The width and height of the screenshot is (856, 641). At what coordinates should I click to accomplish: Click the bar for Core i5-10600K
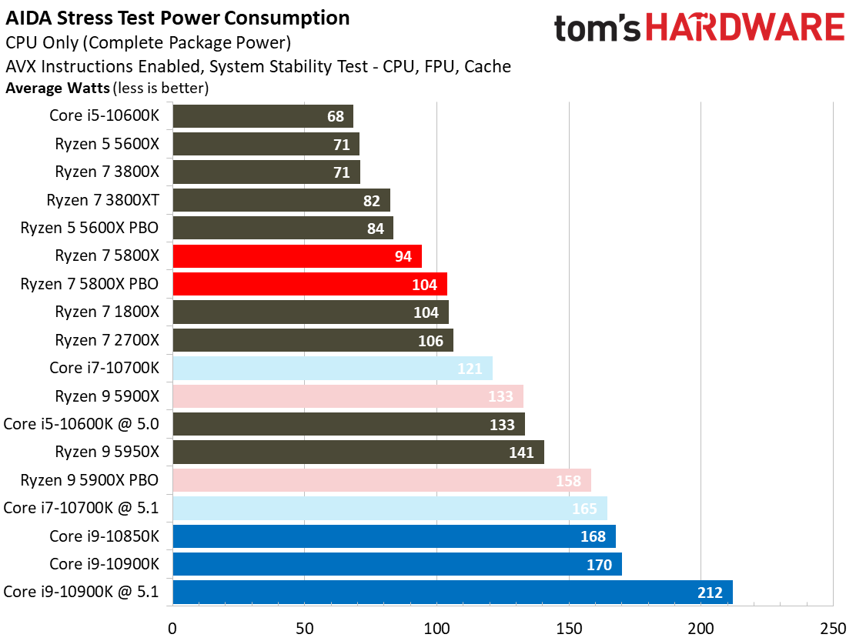tap(262, 116)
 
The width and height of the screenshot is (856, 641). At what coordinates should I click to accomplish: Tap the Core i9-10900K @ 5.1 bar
tap(452, 592)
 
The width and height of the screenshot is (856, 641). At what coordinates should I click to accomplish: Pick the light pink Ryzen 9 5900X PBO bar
tap(381, 480)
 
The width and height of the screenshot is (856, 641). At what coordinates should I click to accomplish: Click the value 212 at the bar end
tap(710, 593)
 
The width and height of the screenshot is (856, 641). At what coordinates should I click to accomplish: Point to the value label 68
tap(335, 117)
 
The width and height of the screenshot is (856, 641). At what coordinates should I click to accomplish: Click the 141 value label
tap(521, 452)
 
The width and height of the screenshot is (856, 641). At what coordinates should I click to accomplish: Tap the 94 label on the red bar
tap(403, 256)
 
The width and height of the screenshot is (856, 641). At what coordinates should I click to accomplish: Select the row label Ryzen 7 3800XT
tap(102, 200)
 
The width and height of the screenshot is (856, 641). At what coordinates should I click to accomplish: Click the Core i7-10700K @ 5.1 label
tap(81, 508)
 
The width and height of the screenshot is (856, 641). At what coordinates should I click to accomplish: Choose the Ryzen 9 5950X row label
tap(107, 452)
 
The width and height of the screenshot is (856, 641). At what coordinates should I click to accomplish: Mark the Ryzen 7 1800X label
tap(107, 312)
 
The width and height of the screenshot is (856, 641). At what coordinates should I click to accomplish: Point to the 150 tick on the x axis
tap(569, 627)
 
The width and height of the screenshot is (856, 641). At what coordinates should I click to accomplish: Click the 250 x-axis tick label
tap(833, 627)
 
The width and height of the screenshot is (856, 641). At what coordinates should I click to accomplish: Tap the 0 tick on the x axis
tap(172, 627)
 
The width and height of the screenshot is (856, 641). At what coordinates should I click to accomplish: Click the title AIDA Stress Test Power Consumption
tap(178, 18)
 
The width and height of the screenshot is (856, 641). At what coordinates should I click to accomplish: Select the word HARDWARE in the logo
tap(744, 29)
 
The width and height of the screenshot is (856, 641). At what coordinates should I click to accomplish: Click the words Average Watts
tap(58, 88)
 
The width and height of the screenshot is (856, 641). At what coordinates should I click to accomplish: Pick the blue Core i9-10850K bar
tap(393, 536)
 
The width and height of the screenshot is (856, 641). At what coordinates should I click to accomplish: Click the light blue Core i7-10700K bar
tap(332, 368)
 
